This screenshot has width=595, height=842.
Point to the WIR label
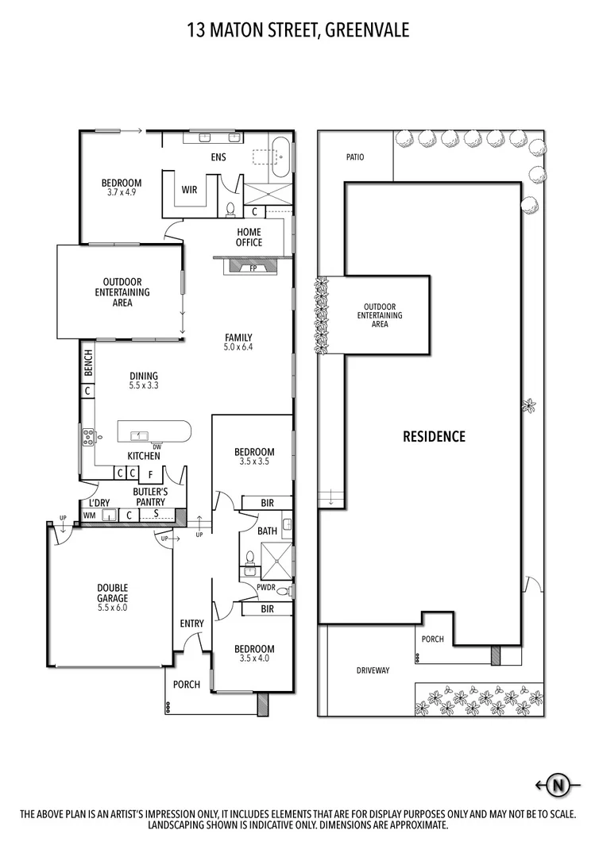click(189, 190)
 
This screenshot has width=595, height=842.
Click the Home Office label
click(249, 238)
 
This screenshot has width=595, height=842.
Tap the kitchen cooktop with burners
click(87, 435)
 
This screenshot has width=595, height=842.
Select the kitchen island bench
click(154, 433)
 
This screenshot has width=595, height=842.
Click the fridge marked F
click(149, 474)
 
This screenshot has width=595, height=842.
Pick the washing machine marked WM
click(89, 516)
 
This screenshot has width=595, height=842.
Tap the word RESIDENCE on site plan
click(433, 436)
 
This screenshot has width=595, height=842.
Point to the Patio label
click(355, 157)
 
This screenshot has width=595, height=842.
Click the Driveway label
click(373, 670)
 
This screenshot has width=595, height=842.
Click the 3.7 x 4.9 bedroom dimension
click(121, 191)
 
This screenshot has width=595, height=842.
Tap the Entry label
click(191, 624)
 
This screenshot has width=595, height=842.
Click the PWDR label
click(265, 588)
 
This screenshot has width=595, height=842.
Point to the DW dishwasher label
click(156, 446)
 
